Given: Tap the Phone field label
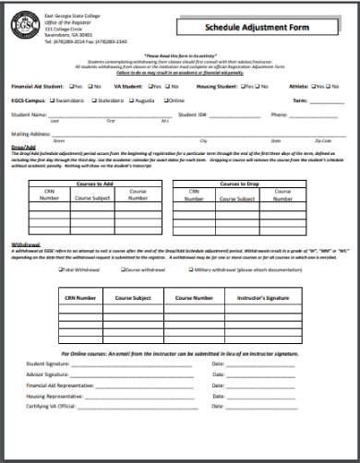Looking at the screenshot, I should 279,115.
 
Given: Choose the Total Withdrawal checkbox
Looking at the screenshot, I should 61,269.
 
